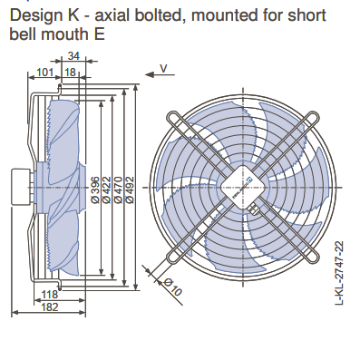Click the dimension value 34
point(73,56)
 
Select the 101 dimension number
point(44,73)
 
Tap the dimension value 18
point(70,73)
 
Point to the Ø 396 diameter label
point(95,190)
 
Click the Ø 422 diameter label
point(106,190)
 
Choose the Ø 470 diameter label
point(118,190)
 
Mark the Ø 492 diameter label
point(130,190)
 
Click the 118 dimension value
point(49,294)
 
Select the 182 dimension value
point(49,307)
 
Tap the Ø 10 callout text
point(173,287)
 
